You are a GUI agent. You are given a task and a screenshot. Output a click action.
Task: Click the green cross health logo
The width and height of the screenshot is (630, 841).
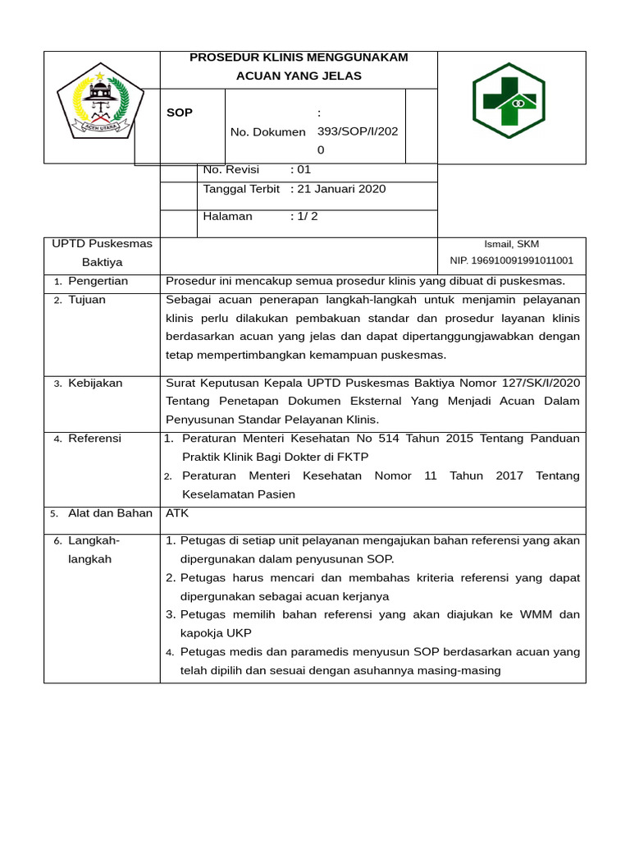509,100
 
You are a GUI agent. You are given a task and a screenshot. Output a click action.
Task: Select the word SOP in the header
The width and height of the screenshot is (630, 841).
180,113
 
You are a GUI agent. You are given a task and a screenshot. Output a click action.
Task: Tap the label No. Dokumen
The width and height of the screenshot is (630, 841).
267,131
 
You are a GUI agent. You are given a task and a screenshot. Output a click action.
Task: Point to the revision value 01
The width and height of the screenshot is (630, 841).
304,170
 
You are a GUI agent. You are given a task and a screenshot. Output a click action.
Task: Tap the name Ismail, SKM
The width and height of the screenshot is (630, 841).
511,244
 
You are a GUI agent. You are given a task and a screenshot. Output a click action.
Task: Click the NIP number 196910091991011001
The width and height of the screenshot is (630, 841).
511,260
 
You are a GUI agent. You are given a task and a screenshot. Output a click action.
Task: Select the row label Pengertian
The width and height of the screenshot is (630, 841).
98,281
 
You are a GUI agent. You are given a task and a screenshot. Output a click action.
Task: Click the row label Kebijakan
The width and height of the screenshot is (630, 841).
95,383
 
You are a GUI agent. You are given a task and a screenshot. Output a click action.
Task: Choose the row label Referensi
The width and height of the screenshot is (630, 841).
94,439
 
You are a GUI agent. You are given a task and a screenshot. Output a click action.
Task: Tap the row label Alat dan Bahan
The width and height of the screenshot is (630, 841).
110,513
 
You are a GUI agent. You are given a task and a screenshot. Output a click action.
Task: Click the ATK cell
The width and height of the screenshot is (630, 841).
177,513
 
